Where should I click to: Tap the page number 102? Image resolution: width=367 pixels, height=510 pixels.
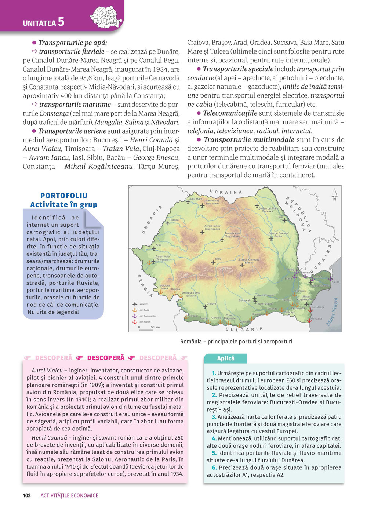pos(27,495)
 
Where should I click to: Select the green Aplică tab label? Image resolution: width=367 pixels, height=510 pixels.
pos(225,358)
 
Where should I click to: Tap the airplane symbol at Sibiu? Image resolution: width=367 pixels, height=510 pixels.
pos(213,262)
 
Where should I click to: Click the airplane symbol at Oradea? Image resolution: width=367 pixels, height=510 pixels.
pos(168,223)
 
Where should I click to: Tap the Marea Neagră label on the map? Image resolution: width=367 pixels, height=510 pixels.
pos(333,312)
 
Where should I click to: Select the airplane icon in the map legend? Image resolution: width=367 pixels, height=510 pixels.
pos(135,304)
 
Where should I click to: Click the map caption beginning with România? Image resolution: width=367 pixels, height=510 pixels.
pos(236,342)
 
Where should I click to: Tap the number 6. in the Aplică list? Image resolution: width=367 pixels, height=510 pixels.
pos(214,467)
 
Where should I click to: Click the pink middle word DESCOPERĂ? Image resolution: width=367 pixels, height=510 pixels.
pos(106,358)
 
